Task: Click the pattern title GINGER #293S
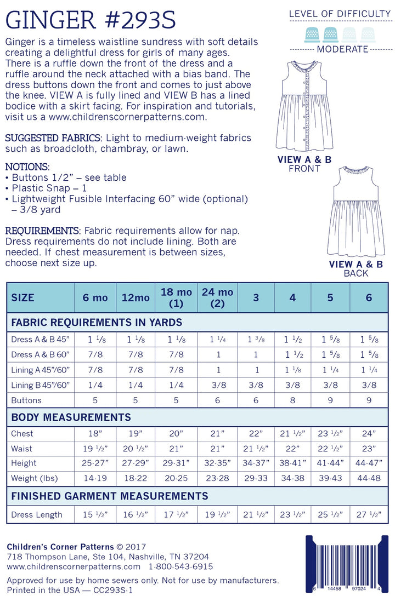[91, 20]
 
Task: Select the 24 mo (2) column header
[215, 297]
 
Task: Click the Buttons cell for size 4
[292, 400]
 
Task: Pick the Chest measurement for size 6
[369, 433]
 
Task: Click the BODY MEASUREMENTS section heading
[71, 417]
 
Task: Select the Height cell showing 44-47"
[369, 463]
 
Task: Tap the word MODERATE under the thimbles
[342, 49]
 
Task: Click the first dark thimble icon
[313, 33]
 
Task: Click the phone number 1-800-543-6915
[180, 566]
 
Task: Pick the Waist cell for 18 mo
[176, 448]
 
